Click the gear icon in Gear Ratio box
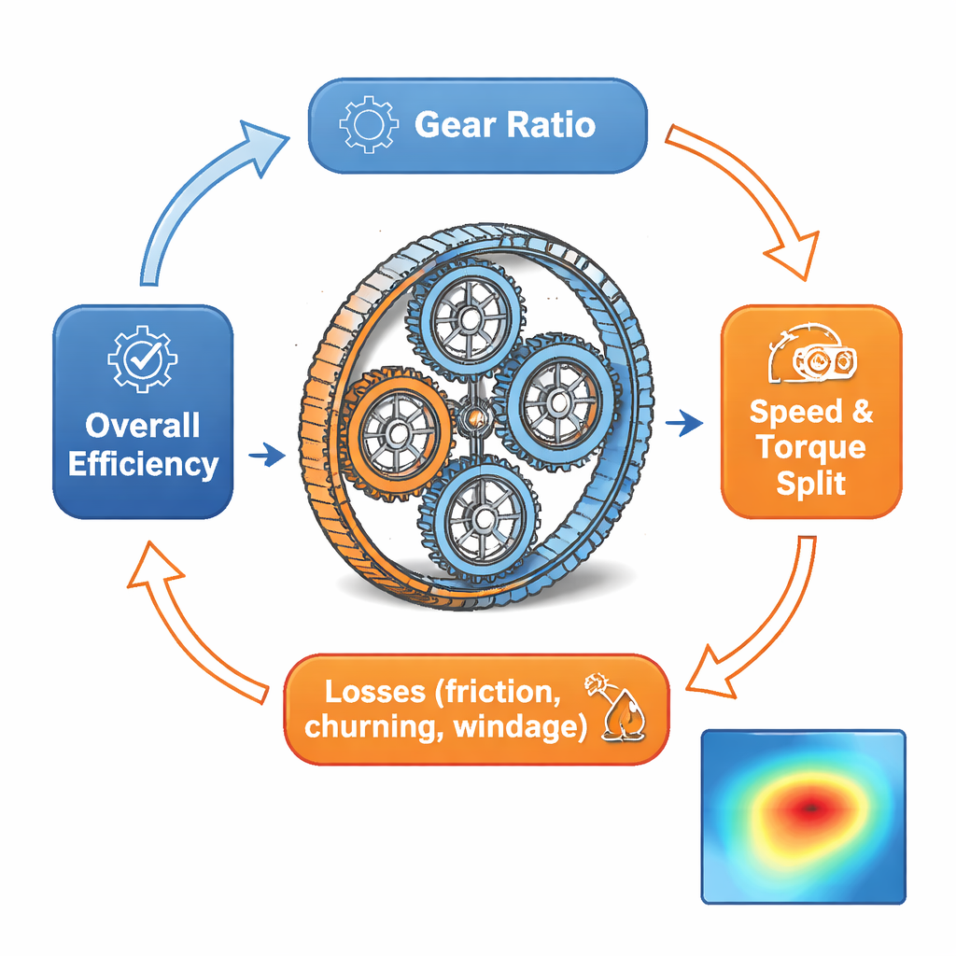pyautogui.click(x=363, y=125)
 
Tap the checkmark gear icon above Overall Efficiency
pyautogui.click(x=142, y=358)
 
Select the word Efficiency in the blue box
pyautogui.click(x=143, y=463)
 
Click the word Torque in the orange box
pyautogui.click(x=810, y=447)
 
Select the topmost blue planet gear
pyautogui.click(x=469, y=319)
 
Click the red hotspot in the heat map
pyautogui.click(x=808, y=805)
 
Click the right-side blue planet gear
pyautogui.click(x=558, y=402)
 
